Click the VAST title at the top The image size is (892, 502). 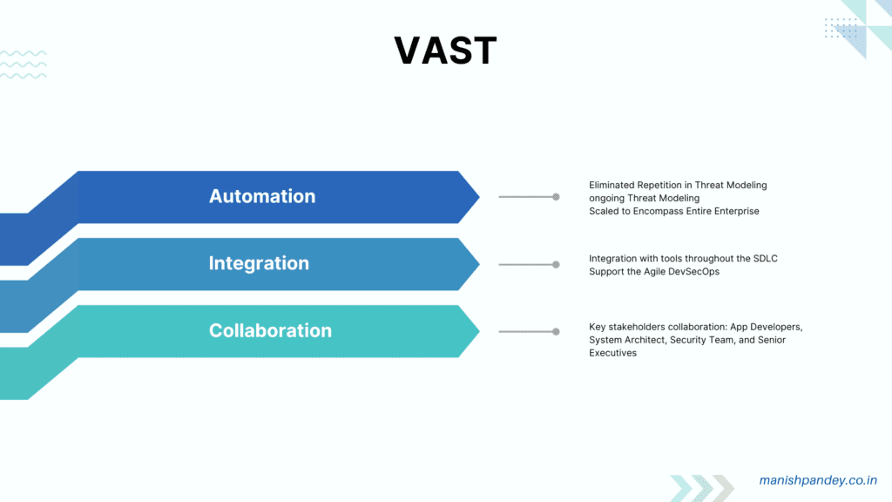(x=445, y=51)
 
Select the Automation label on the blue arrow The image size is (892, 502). (x=262, y=196)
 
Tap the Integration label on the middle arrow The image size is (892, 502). (x=259, y=263)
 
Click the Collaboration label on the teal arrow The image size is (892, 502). (x=270, y=330)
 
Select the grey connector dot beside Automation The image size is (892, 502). (x=556, y=197)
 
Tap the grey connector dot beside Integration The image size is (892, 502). (x=556, y=264)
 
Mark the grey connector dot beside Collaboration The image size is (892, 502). (x=556, y=331)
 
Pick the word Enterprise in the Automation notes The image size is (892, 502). (x=735, y=211)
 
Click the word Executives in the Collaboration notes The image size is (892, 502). (x=612, y=353)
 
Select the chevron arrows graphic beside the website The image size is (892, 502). (x=702, y=487)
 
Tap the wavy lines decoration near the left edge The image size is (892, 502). (x=24, y=64)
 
